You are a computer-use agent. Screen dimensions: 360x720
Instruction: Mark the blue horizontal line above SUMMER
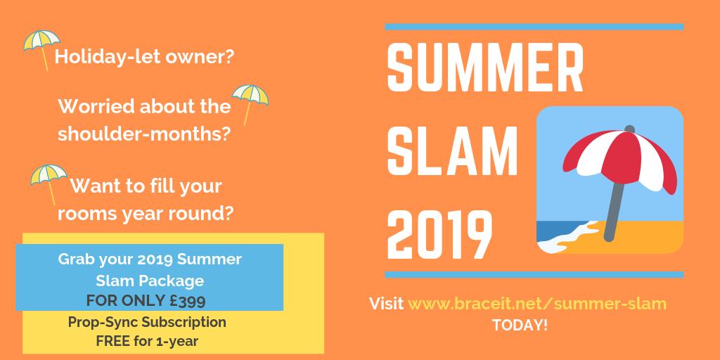[534, 27]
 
